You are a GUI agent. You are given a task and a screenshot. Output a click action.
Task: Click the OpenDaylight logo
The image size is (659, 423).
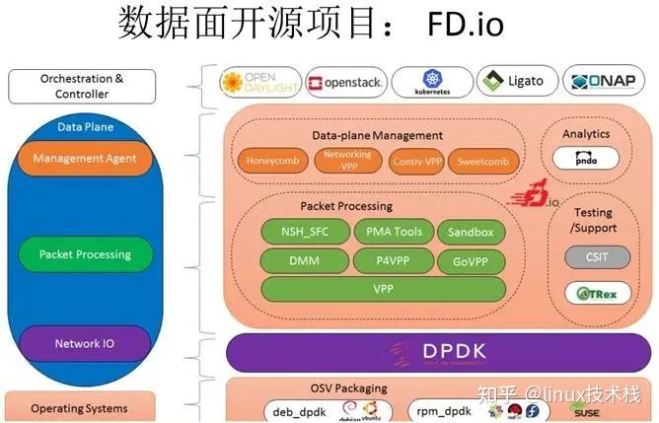coord(258,82)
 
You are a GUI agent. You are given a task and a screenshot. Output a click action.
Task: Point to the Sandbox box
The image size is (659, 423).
coord(471,232)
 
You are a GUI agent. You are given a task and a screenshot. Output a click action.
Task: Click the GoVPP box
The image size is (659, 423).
coord(471,261)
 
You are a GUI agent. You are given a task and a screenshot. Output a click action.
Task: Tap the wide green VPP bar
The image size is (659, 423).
coord(384,290)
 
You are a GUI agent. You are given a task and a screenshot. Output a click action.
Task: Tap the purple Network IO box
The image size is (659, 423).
coord(84,344)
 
